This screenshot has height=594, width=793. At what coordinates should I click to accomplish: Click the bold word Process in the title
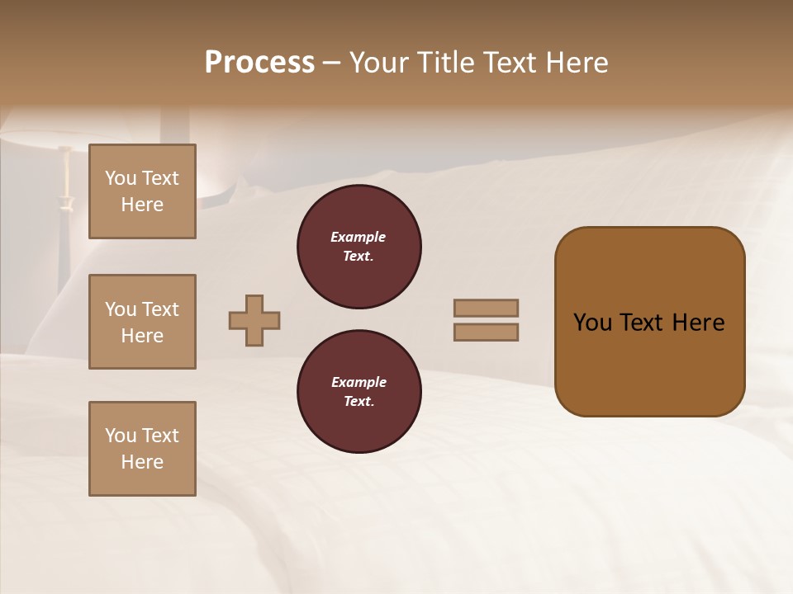tap(259, 63)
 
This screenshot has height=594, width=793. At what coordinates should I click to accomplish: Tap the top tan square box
tap(142, 191)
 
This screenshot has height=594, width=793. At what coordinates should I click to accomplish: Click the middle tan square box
tap(142, 322)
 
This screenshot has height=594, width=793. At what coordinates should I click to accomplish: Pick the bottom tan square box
tap(142, 449)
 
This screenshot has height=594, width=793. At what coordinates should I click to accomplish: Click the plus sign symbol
tap(254, 320)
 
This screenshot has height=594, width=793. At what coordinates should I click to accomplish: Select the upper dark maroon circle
tap(359, 247)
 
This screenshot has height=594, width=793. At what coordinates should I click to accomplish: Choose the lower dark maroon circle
tap(359, 392)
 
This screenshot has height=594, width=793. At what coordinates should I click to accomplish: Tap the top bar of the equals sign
tap(486, 308)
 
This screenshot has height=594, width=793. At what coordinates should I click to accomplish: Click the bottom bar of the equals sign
tap(486, 332)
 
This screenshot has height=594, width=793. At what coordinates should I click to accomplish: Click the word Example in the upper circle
tap(359, 237)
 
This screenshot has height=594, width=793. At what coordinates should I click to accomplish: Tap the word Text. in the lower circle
tap(359, 402)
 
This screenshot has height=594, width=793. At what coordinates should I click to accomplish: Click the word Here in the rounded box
tap(698, 323)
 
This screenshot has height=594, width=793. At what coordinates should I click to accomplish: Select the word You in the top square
tap(121, 178)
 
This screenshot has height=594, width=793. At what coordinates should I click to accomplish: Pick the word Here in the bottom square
tap(142, 462)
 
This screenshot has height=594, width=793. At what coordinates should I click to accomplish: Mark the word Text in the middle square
tap(161, 309)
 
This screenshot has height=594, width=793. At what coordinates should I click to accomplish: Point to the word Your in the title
tap(381, 63)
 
